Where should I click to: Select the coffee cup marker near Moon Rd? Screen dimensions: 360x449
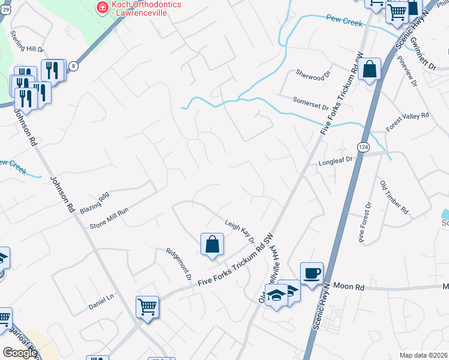coord(312,274)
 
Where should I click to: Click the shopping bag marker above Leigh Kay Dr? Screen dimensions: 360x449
coord(212,245)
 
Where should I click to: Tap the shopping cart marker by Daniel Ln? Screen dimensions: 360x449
coord(147,308)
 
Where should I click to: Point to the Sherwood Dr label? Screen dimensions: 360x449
coord(313,74)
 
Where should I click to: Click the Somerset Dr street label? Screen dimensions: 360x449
coord(310,103)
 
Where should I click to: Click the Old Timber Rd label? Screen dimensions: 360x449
coord(394,197)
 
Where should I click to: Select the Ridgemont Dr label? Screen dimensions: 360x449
coord(178,265)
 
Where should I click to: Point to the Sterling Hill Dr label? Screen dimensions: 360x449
coord(28,40)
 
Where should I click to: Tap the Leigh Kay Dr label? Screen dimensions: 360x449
coord(240,230)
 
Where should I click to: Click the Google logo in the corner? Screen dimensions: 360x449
coord(20,352)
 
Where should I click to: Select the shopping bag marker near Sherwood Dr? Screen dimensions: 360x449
coord(370,69)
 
